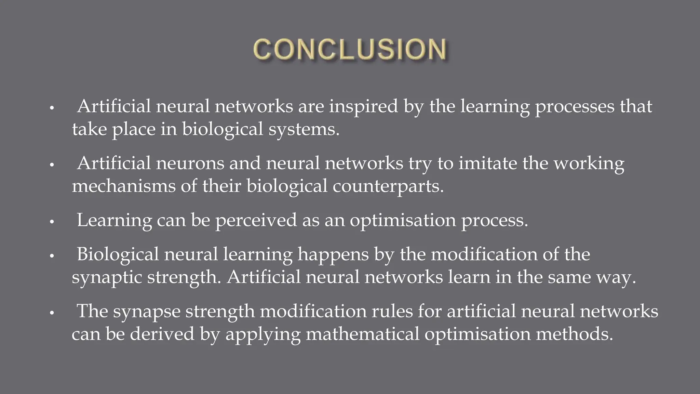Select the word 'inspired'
pyautogui.click(x=363, y=107)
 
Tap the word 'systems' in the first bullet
pyautogui.click(x=304, y=129)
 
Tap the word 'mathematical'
pyautogui.click(x=362, y=334)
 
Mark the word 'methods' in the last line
pyautogui.click(x=574, y=334)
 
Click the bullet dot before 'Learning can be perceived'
pyautogui.click(x=52, y=222)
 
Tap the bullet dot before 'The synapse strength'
pyautogui.click(x=52, y=313)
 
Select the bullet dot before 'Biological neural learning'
pyautogui.click(x=52, y=256)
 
